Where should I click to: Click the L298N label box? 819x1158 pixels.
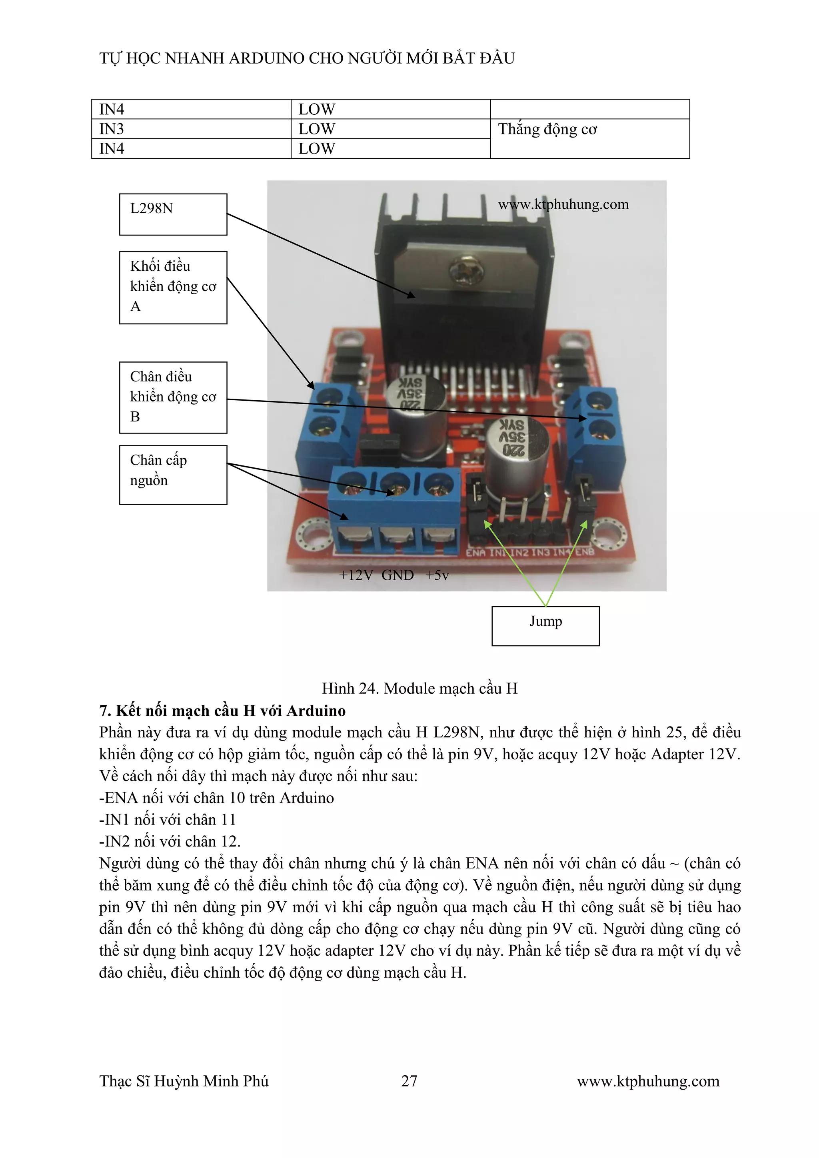pos(173,214)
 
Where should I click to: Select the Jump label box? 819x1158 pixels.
pos(545,625)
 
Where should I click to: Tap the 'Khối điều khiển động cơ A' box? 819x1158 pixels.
pos(173,287)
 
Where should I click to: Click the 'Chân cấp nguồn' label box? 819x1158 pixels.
pos(173,474)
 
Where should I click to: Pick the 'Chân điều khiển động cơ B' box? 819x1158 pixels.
pos(173,397)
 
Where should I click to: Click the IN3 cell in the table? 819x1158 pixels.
pos(191,129)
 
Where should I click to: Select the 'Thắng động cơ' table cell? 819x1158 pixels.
pos(589,130)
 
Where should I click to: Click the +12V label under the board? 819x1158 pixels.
pos(356,575)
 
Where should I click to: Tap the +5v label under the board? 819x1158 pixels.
pos(437,575)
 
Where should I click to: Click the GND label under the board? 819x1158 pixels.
pos(398,575)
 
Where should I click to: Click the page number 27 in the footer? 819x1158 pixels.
pos(409,1080)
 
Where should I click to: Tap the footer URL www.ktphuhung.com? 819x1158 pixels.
pos(648,1081)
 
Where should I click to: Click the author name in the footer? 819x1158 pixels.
pos(184,1081)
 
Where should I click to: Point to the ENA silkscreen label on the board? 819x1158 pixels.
pos(475,553)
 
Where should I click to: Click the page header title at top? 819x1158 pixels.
pos(307,58)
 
